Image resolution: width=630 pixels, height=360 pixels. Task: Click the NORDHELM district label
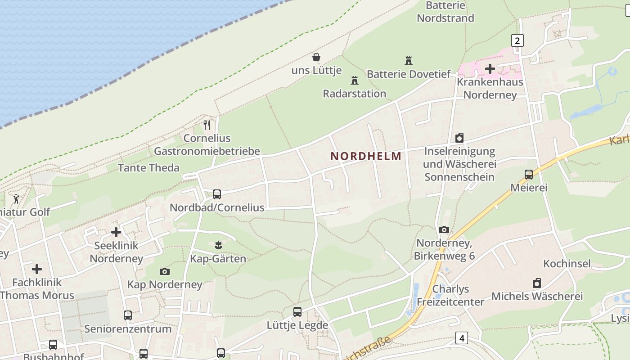tap(366, 156)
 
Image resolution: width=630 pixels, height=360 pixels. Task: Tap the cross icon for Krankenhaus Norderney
tap(490, 69)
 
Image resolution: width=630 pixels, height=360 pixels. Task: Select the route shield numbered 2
tap(517, 41)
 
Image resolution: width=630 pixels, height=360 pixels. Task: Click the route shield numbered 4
tap(461, 337)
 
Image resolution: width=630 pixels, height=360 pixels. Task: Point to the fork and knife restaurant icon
tap(207, 125)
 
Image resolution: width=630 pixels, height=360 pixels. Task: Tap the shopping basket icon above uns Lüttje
tap(316, 57)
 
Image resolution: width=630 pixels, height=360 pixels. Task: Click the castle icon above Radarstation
tap(355, 81)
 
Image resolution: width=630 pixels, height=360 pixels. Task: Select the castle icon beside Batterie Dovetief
tap(409, 60)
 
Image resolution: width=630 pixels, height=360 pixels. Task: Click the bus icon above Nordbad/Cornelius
tap(217, 194)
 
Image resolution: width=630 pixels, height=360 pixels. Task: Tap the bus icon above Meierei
tap(529, 174)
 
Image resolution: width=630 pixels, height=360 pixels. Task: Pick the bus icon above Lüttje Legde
tap(297, 312)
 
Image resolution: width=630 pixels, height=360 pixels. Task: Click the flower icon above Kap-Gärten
tap(218, 245)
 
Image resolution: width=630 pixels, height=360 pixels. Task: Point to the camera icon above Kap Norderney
tap(165, 271)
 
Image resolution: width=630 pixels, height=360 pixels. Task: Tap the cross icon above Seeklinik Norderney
tap(116, 232)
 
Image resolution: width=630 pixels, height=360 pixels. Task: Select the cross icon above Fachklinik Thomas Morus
tap(37, 269)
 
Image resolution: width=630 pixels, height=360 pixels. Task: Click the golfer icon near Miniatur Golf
tap(17, 198)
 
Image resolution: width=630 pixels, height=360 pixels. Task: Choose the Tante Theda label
tap(148, 168)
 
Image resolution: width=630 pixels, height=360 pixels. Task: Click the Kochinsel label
tap(567, 263)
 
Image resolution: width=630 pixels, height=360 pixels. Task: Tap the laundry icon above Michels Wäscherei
tap(536, 283)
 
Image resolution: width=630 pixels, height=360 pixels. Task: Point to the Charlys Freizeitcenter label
tap(450, 295)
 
